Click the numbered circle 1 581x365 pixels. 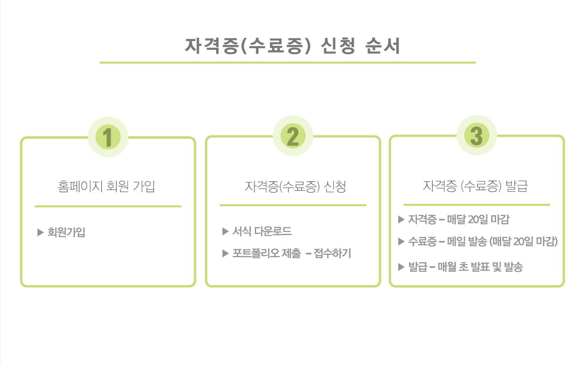point(108,137)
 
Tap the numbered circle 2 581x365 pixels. point(293,136)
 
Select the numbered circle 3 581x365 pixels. point(477,135)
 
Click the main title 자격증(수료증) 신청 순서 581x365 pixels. point(292,46)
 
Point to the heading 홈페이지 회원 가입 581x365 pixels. point(106,186)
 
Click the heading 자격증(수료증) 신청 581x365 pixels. point(295,186)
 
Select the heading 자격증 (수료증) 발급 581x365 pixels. point(475,186)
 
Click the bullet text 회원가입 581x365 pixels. point(66,232)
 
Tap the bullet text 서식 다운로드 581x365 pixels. point(262,231)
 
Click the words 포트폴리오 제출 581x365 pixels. point(267,253)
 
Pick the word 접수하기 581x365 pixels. point(332,253)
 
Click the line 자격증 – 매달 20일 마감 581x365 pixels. point(459,219)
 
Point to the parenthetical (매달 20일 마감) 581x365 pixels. point(523,241)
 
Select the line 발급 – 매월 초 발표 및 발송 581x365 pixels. point(466,267)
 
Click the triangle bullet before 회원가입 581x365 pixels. point(40,232)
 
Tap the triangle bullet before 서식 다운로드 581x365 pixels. point(225,231)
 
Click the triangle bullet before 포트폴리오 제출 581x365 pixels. point(225,253)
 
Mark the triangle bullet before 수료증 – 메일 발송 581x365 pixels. point(401,241)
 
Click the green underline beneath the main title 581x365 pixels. point(288,62)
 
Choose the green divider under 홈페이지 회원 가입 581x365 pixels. point(108,206)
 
